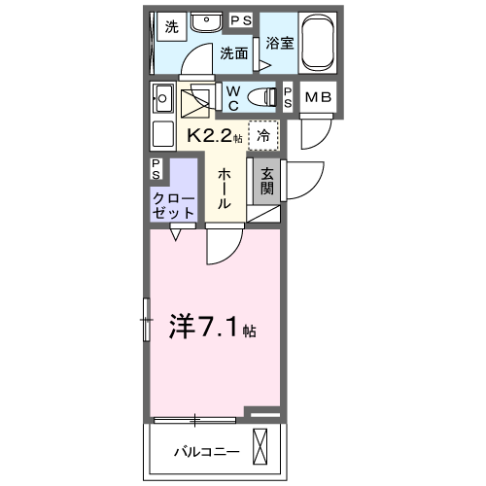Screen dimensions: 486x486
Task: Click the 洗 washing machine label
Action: [x=171, y=27]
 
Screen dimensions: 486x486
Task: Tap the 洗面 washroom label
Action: [x=233, y=53]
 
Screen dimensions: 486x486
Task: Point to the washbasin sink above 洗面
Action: [x=205, y=23]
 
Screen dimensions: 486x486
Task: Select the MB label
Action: [x=317, y=96]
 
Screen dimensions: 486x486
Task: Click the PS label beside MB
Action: [x=289, y=96]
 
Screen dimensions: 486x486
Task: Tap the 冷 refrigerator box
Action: [x=261, y=136]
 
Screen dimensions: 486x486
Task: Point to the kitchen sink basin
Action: [x=161, y=98]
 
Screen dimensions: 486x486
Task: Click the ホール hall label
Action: [x=223, y=191]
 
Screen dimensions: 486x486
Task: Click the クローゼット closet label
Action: [x=172, y=203]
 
